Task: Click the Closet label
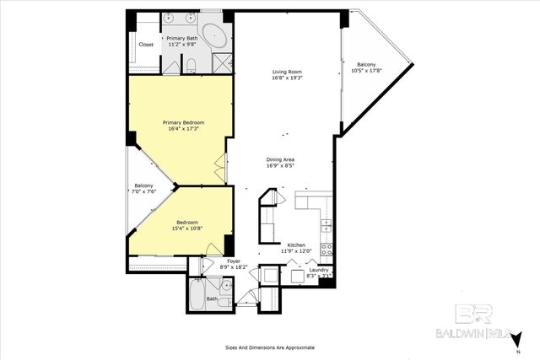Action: coord(146,44)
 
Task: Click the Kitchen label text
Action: coord(295,244)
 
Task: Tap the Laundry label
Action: coord(319,269)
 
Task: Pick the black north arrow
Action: coord(518,343)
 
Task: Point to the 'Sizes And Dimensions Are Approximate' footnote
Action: coord(269,347)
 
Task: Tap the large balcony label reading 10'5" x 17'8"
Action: coord(367,71)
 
